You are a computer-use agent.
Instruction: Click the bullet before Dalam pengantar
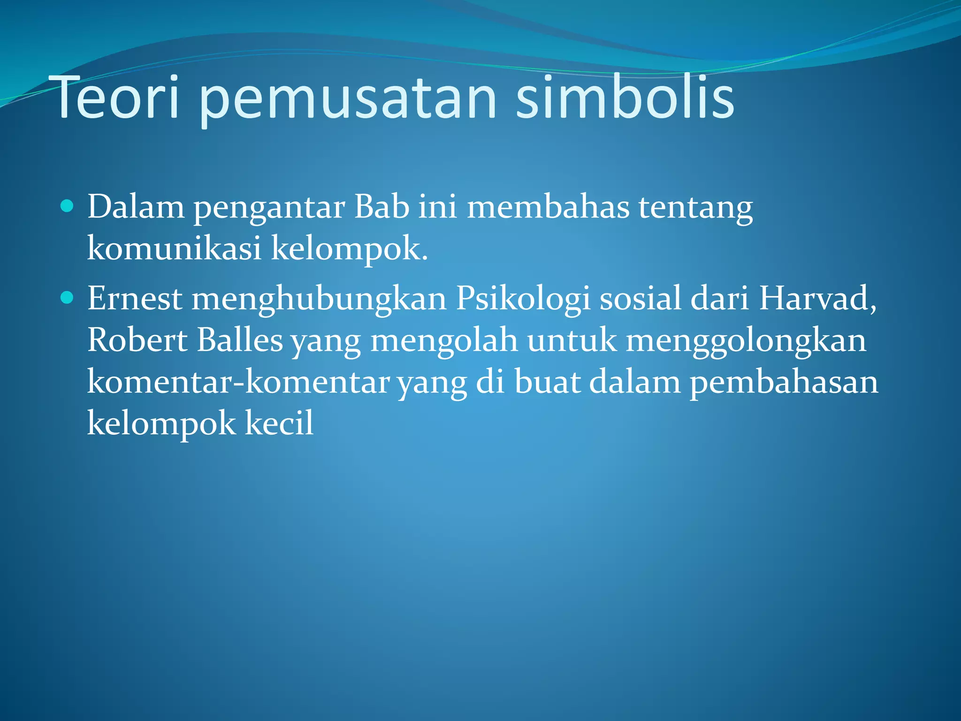68,206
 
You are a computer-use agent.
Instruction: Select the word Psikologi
523,299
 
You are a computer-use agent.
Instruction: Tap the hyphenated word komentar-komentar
238,382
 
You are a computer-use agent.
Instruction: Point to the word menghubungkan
319,299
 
